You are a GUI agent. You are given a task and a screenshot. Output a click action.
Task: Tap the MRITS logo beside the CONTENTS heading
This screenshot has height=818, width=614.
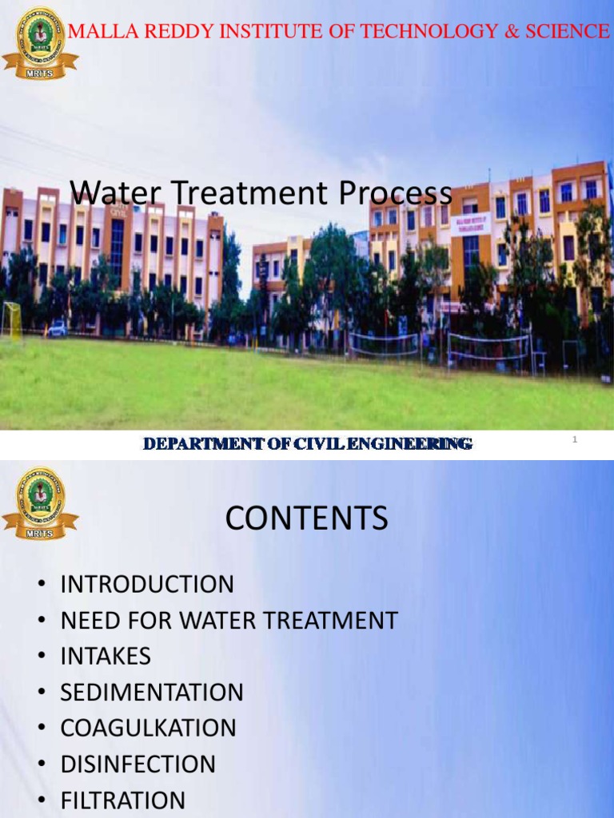[40, 503]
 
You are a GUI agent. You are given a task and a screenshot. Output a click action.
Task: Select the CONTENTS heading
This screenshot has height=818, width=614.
[306, 519]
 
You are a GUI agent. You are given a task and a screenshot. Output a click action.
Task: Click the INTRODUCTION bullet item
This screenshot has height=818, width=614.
[147, 584]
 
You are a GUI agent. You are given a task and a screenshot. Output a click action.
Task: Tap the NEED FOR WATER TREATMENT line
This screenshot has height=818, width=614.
[229, 620]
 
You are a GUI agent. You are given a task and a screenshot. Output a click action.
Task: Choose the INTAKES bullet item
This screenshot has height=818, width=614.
[106, 656]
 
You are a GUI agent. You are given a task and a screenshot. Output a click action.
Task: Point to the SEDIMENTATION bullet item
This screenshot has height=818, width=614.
[152, 692]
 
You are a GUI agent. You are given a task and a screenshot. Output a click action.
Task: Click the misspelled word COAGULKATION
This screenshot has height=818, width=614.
[149, 728]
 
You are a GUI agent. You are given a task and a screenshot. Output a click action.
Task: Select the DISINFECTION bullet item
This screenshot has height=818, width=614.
[138, 764]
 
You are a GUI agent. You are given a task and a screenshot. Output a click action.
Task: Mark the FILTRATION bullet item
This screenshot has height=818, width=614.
[123, 800]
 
